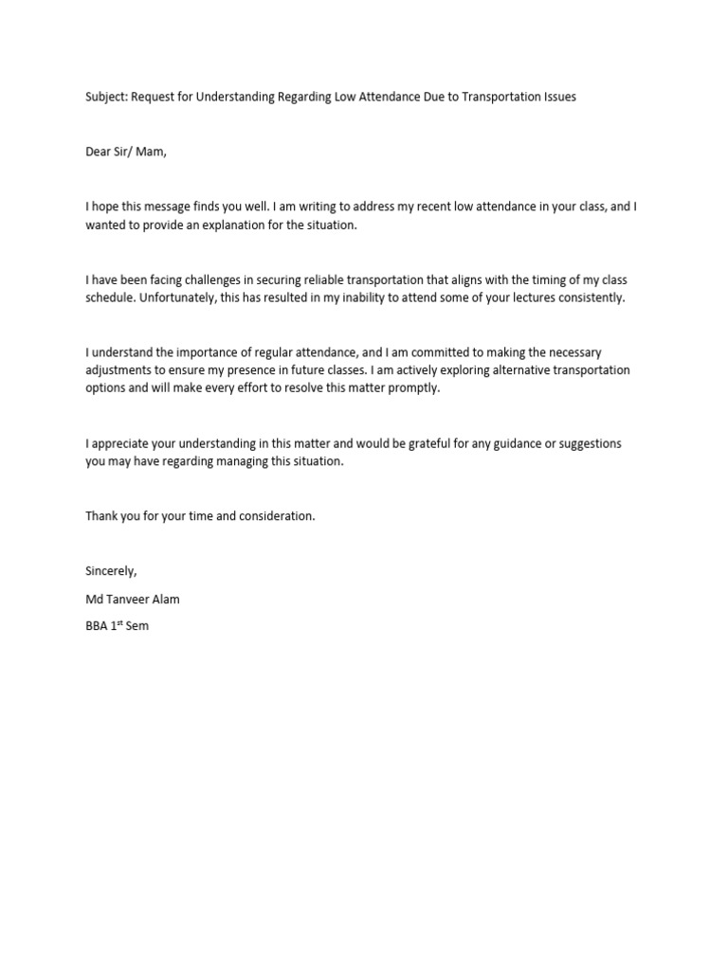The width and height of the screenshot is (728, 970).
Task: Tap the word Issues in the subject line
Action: [557, 97]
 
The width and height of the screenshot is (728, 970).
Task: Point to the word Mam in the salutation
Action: [149, 152]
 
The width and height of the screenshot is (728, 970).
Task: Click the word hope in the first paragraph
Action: [105, 207]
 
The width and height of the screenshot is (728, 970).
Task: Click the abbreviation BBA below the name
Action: [98, 626]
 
